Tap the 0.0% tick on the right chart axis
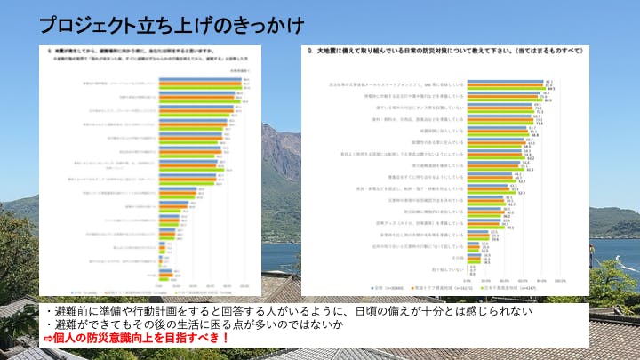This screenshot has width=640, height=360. [x=468, y=279]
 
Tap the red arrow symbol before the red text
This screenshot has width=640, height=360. [x=49, y=339]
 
